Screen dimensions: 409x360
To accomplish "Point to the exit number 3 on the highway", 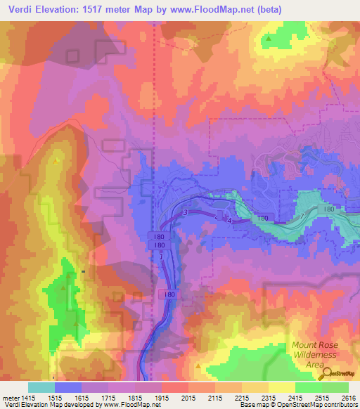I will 185,213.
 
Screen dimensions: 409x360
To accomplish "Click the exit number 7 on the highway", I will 302,215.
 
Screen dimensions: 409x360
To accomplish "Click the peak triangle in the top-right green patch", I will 269,39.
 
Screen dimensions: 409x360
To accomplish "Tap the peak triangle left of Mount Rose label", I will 200,366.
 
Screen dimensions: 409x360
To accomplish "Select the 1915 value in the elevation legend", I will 161,397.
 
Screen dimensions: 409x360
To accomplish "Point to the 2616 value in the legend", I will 349,397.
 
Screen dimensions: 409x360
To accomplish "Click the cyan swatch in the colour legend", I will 41,387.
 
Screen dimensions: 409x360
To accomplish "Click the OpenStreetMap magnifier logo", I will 324,374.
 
